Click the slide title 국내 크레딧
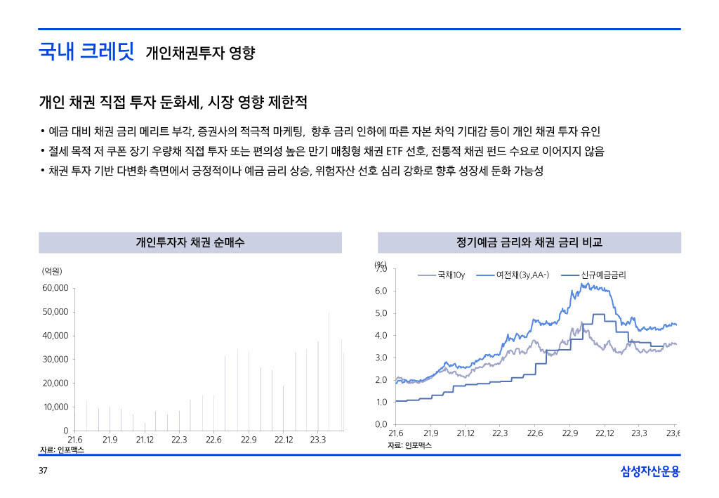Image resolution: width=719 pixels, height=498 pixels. point(86,52)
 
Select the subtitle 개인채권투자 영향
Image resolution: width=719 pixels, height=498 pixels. point(200,53)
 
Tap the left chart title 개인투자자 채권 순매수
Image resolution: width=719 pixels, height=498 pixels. point(190,243)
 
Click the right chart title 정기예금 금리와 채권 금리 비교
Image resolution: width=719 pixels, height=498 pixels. point(529,243)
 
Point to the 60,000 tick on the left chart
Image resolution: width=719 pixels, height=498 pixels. point(55,288)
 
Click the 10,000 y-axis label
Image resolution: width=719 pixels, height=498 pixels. point(55,407)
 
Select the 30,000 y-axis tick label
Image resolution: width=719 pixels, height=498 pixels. point(55,360)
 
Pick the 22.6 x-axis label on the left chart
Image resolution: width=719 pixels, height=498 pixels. point(213,440)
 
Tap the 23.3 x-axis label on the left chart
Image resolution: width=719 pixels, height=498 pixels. point(317,440)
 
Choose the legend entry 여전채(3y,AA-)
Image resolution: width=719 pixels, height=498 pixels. point(522,275)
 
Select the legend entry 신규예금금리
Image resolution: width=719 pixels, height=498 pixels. point(603,275)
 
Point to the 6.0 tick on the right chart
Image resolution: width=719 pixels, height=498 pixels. point(382,291)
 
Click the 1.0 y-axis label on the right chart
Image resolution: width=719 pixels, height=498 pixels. point(382,402)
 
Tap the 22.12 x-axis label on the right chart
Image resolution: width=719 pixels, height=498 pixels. point(605,433)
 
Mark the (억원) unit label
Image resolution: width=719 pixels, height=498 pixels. point(52,270)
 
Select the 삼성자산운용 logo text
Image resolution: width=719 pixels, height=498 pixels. point(650,472)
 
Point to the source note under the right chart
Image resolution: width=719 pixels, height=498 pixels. point(409,445)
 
